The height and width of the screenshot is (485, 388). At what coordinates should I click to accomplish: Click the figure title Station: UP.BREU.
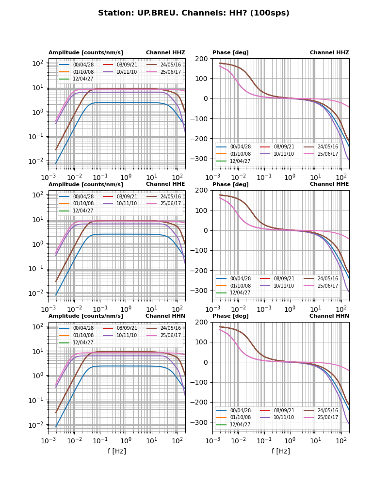click(194, 13)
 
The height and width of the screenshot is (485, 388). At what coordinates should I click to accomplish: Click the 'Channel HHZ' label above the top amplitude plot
click(165, 53)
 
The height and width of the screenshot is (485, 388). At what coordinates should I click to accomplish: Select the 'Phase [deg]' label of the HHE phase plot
click(230, 184)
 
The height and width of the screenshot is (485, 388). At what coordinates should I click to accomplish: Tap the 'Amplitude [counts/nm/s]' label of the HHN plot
click(86, 316)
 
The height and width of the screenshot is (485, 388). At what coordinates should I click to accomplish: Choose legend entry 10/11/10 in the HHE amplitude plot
click(127, 204)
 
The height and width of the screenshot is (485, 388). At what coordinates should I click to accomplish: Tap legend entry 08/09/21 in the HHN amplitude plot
click(127, 328)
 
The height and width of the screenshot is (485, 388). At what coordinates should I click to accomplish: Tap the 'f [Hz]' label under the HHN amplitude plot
click(117, 451)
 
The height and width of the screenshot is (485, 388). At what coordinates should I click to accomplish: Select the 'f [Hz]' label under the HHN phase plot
click(281, 451)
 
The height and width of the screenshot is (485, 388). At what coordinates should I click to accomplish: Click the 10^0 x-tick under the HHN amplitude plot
click(126, 440)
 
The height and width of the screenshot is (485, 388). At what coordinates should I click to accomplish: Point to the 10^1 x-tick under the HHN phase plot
click(316, 440)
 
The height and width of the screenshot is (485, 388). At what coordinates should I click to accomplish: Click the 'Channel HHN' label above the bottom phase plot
click(329, 316)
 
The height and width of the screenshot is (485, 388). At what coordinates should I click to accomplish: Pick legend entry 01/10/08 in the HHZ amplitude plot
click(83, 72)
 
